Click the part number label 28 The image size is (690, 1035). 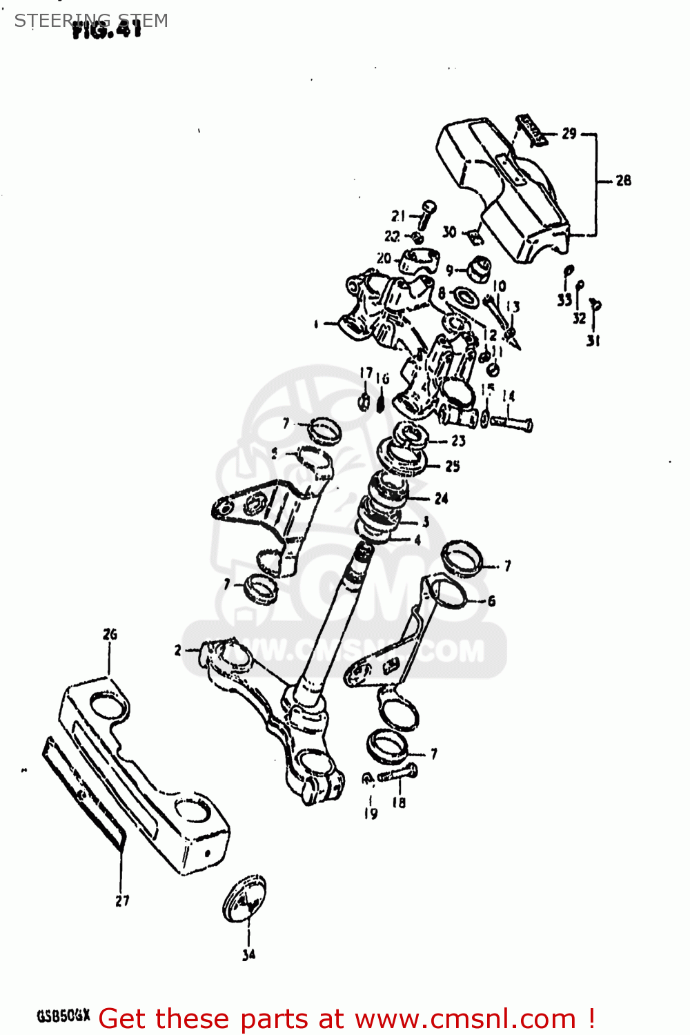623,181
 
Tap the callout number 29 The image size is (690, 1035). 569,133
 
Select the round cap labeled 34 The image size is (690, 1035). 244,899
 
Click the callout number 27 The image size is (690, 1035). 122,900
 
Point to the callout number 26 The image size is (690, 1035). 110,634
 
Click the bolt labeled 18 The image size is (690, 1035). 399,774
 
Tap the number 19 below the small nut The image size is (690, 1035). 371,814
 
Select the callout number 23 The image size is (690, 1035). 458,440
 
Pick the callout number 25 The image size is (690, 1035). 452,466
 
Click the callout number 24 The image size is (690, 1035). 441,498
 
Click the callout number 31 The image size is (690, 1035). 593,340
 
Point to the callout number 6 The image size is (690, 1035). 491,601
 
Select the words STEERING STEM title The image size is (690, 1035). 91,20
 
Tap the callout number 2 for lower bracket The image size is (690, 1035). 178,650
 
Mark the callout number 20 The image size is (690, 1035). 384,259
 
